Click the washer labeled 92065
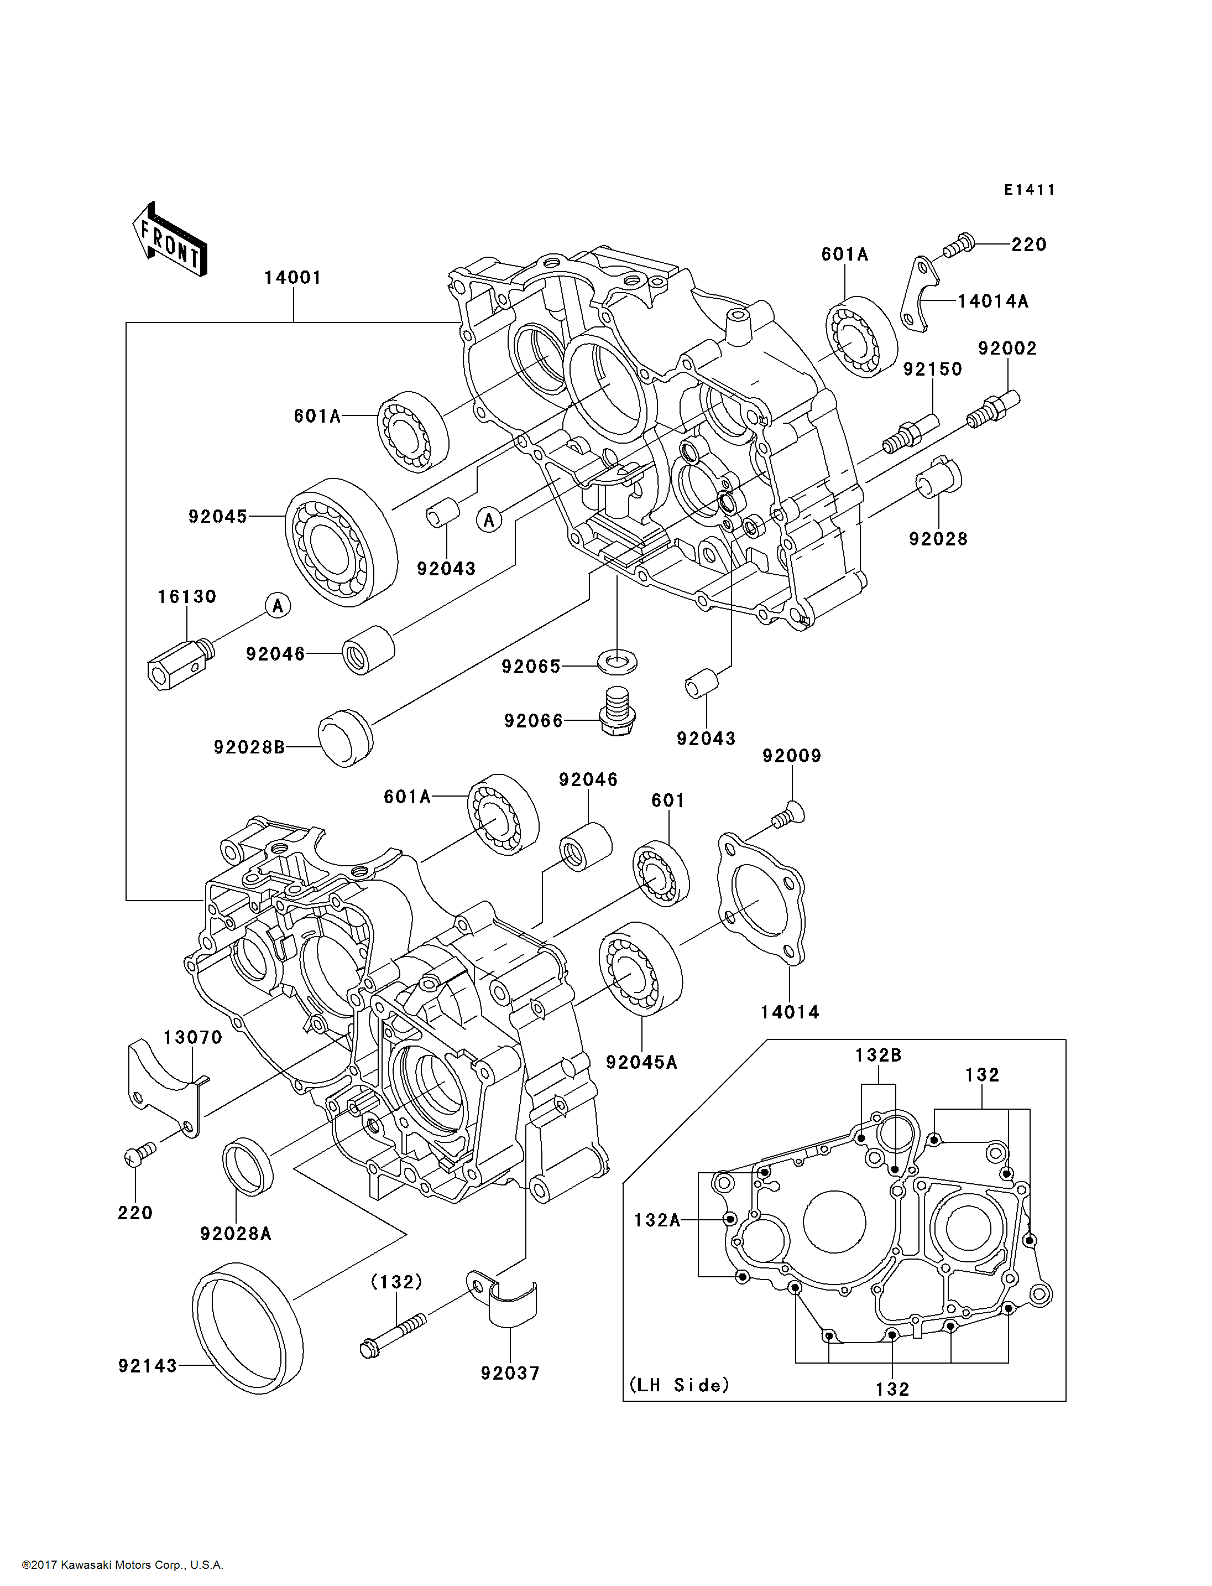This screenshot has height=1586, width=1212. click(x=618, y=661)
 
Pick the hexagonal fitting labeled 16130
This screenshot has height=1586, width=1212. click(x=180, y=663)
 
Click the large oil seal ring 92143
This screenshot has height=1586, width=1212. click(x=248, y=1328)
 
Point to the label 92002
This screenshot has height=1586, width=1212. click(x=1007, y=349)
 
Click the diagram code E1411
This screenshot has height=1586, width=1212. click(x=1030, y=190)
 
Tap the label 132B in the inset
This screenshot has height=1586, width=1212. click(x=878, y=1055)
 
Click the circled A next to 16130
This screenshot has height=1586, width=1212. click(x=278, y=605)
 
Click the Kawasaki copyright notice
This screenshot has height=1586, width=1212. click(x=123, y=1565)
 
